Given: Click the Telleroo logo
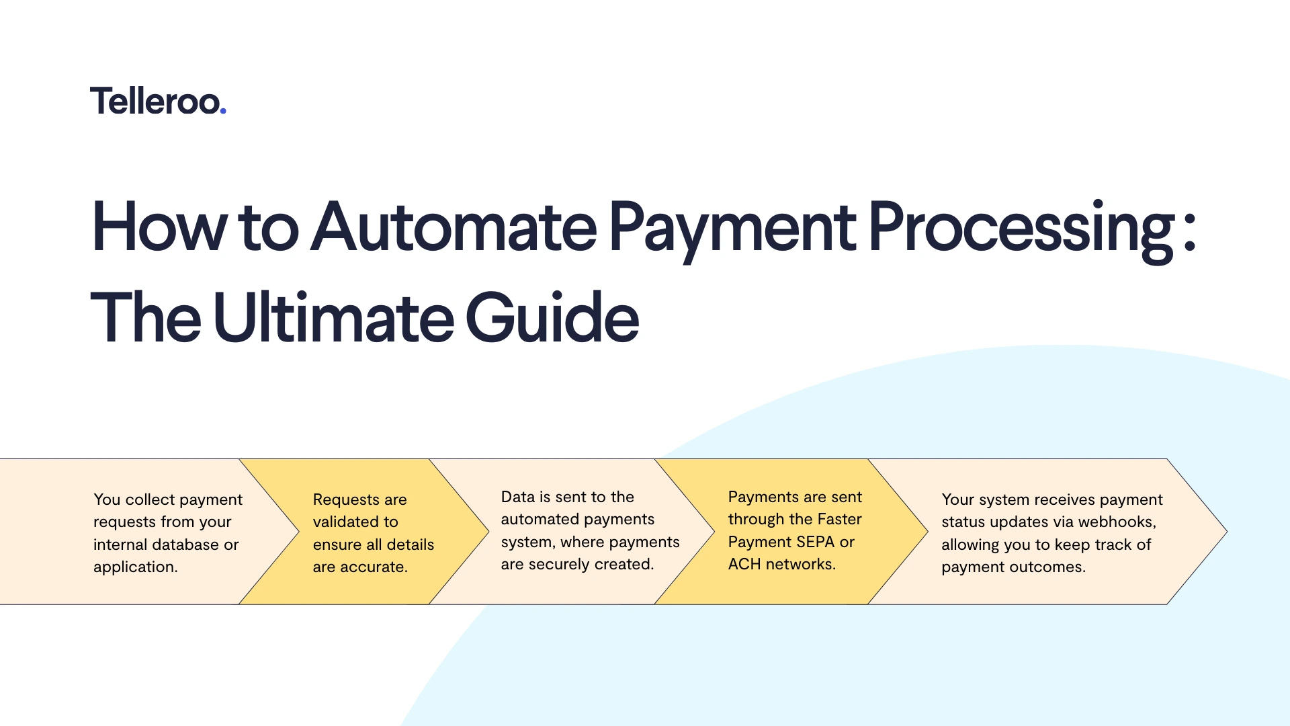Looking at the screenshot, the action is [x=158, y=102].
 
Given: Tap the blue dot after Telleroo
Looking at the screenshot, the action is [x=223, y=111].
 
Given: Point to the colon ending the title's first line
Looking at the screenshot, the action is [x=1190, y=232].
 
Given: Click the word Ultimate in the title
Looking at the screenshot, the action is [x=333, y=317].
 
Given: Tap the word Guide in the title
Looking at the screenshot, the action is [x=552, y=317].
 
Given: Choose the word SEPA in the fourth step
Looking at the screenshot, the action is [x=815, y=542].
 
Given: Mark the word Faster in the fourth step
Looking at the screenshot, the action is [x=840, y=519].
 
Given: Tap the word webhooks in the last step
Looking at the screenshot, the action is [x=1117, y=522].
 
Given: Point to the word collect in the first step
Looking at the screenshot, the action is [x=150, y=499].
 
